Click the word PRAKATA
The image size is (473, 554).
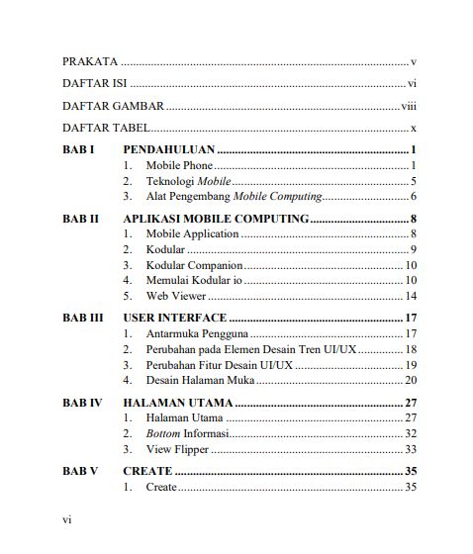click(x=90, y=61)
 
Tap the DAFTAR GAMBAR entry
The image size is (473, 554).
click(x=113, y=106)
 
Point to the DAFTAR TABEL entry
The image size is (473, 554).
click(x=106, y=128)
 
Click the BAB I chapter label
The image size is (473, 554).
click(x=78, y=149)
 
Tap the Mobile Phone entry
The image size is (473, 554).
click(x=179, y=165)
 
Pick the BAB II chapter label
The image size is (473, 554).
click(x=80, y=219)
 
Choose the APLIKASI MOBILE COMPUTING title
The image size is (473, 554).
click(x=216, y=219)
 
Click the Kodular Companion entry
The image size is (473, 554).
click(x=194, y=265)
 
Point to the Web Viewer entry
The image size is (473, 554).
click(x=176, y=296)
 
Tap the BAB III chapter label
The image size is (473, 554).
click(x=83, y=318)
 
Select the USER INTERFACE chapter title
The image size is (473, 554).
click(x=175, y=318)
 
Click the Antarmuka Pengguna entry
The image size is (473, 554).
click(x=197, y=333)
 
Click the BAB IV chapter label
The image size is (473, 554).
click(x=82, y=403)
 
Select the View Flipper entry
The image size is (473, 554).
click(x=178, y=449)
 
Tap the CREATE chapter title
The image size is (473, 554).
click(x=147, y=471)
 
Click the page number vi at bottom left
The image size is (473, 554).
click(x=67, y=518)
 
